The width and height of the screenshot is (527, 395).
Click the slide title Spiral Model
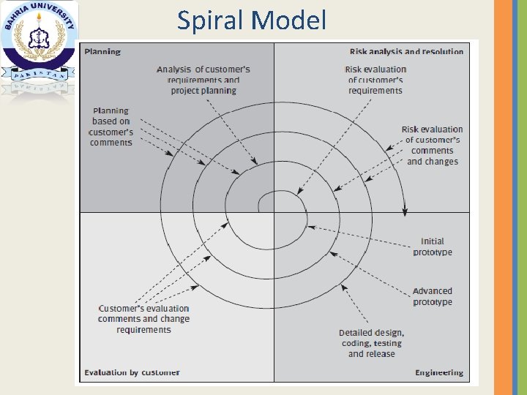click(252, 20)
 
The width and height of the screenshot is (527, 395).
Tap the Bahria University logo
click(39, 48)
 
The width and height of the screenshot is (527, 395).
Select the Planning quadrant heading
click(102, 52)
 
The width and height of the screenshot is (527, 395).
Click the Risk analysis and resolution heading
click(406, 52)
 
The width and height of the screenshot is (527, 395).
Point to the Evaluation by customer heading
click(132, 372)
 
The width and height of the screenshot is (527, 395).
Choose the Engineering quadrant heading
click(439, 372)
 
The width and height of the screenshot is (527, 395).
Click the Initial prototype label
click(433, 247)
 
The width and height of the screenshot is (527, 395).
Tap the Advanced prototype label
click(433, 296)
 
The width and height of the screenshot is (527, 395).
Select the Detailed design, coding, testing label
click(371, 343)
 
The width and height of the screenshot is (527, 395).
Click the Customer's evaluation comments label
click(143, 319)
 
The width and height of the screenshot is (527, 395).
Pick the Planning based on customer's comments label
click(111, 127)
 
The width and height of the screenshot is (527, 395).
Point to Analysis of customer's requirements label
click(203, 80)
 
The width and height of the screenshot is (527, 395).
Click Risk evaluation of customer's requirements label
click(375, 80)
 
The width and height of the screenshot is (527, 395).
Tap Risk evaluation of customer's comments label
click(433, 145)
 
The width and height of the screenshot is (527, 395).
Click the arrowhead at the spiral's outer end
click(404, 211)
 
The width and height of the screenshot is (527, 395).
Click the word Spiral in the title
click(212, 20)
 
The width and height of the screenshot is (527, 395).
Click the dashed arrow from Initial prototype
click(359, 236)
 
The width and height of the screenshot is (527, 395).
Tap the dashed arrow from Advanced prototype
click(370, 274)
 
